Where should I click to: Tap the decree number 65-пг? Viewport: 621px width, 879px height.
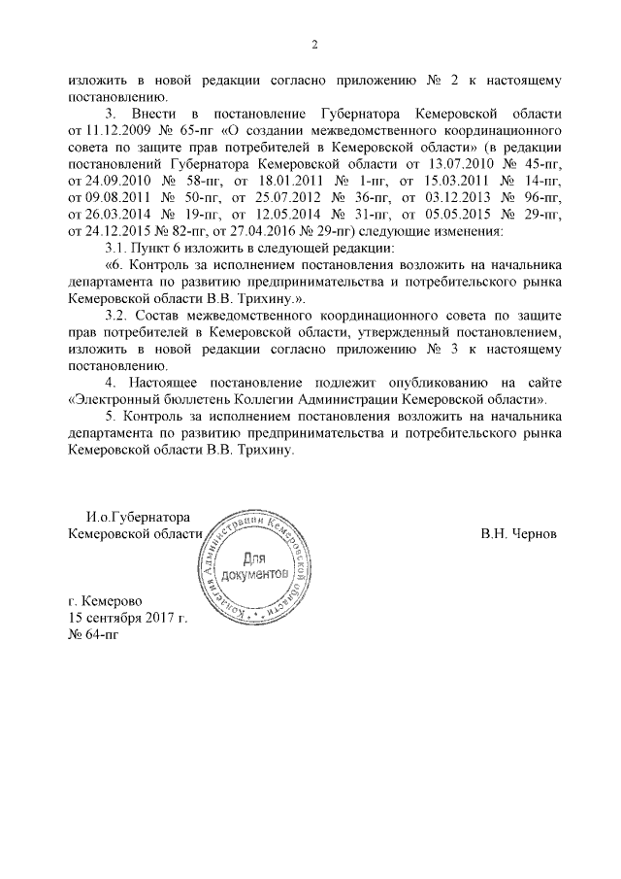pos(183,129)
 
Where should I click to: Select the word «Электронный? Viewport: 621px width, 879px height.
pos(114,399)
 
